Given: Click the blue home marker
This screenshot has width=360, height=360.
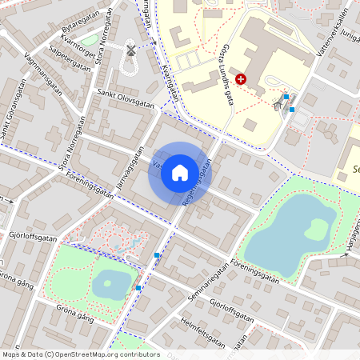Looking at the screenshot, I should point(180,172).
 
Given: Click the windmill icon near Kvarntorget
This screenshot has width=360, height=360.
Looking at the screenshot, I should point(131,50).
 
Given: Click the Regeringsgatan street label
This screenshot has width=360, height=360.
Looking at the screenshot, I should point(197,183).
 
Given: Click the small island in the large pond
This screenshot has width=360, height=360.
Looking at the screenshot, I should point(317,228).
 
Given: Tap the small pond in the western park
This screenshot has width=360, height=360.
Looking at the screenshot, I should point(109,282).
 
